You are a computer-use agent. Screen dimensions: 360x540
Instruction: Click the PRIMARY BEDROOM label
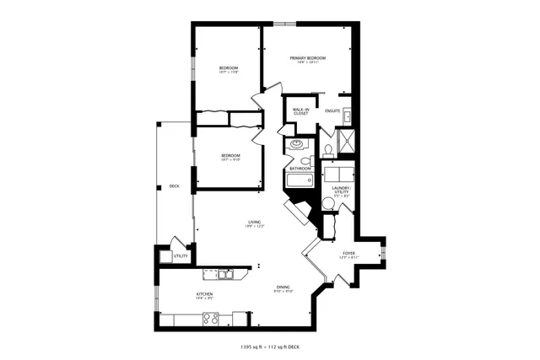point(308,58)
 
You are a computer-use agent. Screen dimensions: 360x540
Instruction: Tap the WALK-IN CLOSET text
point(301,110)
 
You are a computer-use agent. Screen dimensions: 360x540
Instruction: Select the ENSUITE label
point(332,110)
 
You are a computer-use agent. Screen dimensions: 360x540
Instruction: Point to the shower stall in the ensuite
point(346,140)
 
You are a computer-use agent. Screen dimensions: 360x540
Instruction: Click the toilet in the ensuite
point(327,151)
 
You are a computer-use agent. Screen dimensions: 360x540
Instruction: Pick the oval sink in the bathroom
point(297,145)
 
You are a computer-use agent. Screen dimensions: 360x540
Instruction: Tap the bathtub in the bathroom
point(300,179)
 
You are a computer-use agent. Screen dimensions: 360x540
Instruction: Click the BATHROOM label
point(300,167)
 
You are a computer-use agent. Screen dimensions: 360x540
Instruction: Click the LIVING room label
point(254,223)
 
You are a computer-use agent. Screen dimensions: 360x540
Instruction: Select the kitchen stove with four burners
point(211,318)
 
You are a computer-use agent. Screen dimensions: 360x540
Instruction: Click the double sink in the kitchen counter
point(224,273)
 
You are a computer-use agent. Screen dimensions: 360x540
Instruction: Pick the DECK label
point(174,185)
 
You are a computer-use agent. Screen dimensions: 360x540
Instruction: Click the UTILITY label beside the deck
point(181,255)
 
